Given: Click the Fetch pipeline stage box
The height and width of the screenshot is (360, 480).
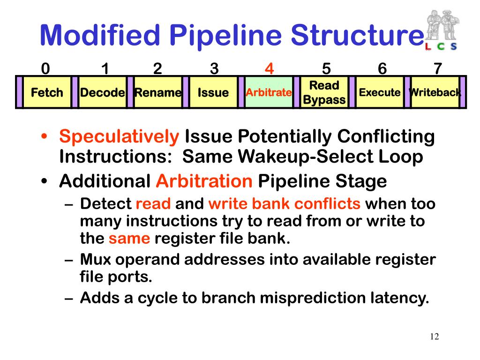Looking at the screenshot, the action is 47,92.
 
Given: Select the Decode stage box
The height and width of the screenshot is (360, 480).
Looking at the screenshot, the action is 102,92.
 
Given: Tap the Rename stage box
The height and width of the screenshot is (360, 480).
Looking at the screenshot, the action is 158,92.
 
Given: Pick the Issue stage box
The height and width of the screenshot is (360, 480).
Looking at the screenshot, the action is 213,92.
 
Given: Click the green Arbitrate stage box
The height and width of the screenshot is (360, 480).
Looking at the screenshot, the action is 269,92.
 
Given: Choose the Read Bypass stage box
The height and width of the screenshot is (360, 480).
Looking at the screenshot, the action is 324,92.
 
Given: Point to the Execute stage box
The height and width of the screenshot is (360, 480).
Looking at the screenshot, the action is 380,92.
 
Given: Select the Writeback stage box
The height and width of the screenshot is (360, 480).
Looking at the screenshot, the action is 435,92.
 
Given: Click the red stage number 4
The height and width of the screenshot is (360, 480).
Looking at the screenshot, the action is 269,69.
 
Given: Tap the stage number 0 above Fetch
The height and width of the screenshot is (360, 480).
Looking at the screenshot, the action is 45,69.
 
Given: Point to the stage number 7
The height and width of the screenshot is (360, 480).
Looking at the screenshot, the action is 437,69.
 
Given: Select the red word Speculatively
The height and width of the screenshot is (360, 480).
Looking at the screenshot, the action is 119,137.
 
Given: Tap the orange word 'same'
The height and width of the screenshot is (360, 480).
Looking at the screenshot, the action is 129,239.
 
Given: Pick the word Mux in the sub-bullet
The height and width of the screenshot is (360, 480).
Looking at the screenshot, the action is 97,259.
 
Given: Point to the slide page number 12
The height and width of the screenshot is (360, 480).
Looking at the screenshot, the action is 434,337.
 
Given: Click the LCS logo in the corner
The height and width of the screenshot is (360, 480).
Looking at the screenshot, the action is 442,30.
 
